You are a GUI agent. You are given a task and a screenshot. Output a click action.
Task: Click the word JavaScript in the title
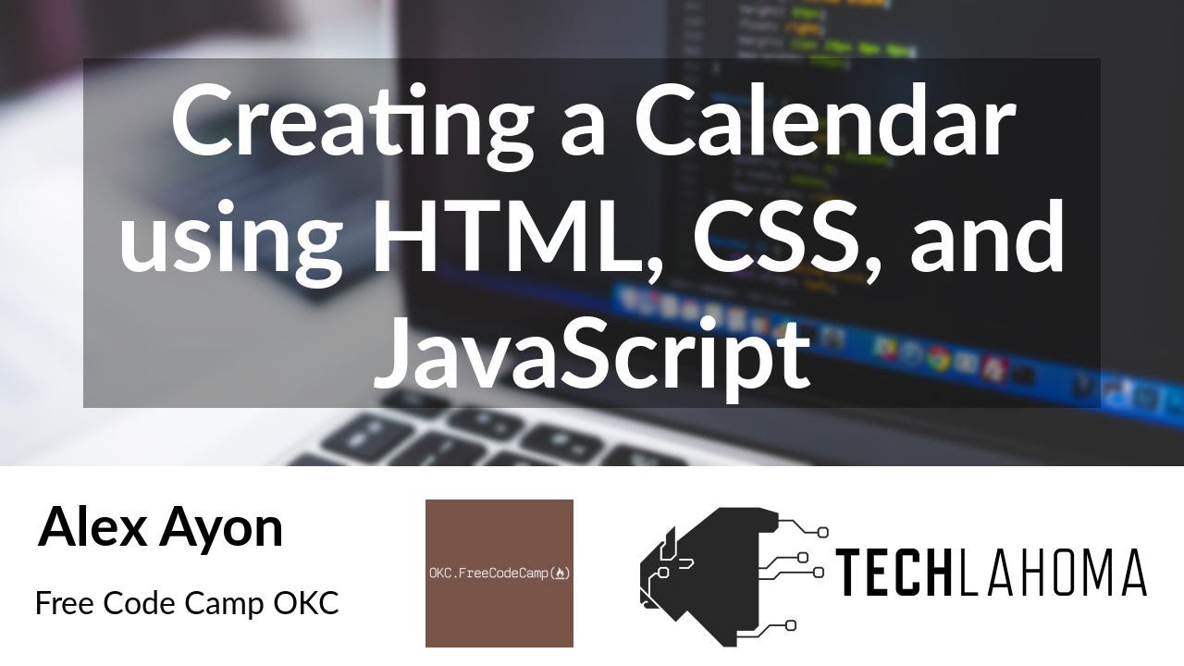(592, 352)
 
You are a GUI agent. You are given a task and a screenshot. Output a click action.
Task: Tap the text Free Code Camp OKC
(187, 604)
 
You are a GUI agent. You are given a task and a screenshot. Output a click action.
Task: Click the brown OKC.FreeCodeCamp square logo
(499, 573)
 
